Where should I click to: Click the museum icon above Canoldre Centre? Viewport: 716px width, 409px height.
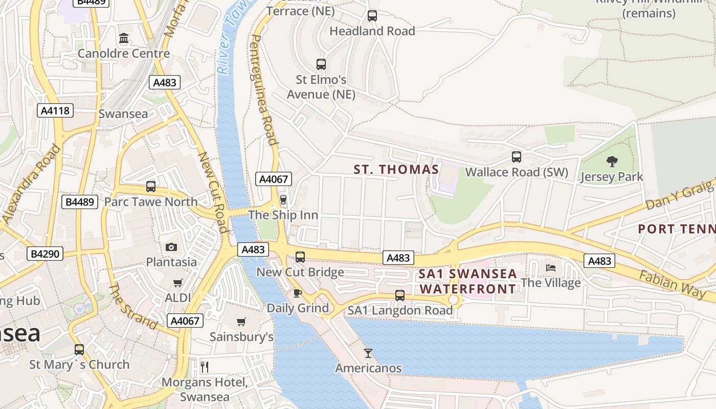(x=124, y=38)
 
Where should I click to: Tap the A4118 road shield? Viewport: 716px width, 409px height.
(x=55, y=110)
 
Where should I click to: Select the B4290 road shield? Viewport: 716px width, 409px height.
(x=45, y=254)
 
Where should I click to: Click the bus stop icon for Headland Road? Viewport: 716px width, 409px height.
(x=372, y=16)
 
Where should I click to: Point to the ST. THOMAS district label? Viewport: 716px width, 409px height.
(x=396, y=170)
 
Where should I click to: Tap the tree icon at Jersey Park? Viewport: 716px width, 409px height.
(x=612, y=162)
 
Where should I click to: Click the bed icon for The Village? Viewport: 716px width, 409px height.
(x=551, y=267)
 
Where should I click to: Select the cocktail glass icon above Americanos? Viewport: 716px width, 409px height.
(x=368, y=353)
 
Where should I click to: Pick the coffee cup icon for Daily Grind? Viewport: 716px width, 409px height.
(x=298, y=293)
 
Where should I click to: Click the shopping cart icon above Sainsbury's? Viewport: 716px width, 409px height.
(x=241, y=322)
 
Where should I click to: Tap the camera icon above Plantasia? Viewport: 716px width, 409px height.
(x=171, y=247)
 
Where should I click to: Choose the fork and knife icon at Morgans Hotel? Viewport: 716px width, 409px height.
(x=205, y=367)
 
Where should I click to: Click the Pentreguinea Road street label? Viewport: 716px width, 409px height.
(x=264, y=89)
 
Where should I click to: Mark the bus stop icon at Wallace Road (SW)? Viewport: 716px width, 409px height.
(x=517, y=157)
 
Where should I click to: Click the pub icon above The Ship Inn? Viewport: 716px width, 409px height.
(x=283, y=199)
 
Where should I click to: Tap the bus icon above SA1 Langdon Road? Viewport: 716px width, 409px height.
(x=400, y=295)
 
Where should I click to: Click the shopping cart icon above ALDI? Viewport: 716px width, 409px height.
(x=178, y=283)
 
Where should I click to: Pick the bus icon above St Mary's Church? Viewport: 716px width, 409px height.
(x=79, y=350)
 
